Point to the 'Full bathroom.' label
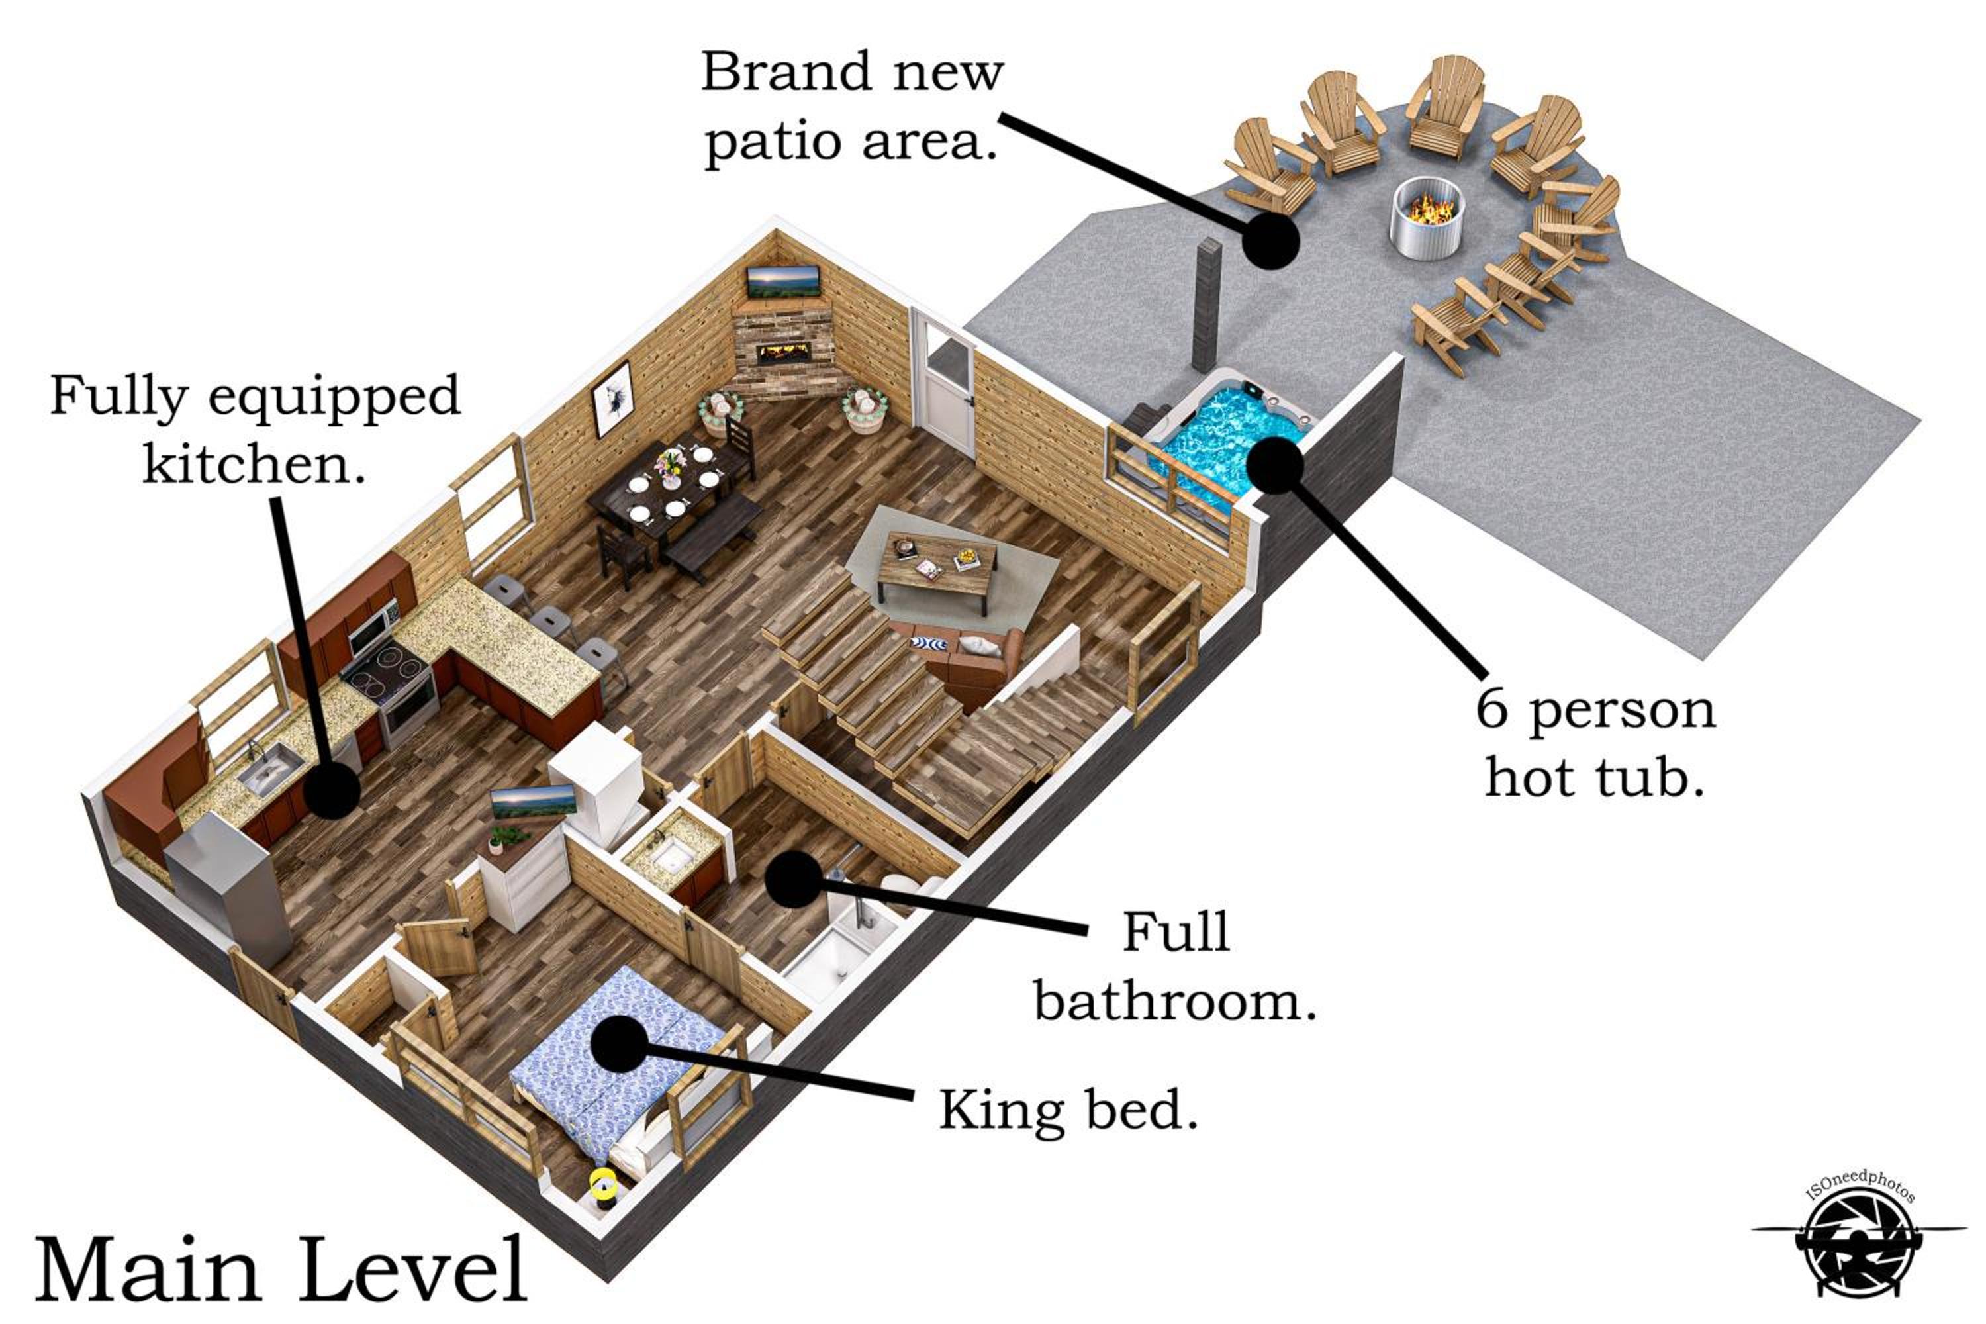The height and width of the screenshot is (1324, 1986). coord(1176,967)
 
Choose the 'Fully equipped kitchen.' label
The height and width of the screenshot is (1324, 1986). coord(255,429)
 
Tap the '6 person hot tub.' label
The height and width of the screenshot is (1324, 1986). coord(1595,743)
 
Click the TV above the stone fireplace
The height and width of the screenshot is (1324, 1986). coord(784,281)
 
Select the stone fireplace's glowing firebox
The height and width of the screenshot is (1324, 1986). coord(785,353)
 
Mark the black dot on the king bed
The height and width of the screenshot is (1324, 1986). coord(620,1044)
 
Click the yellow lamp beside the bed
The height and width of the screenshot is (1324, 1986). coord(603,1184)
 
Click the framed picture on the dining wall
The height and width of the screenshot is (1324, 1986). coord(612,399)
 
